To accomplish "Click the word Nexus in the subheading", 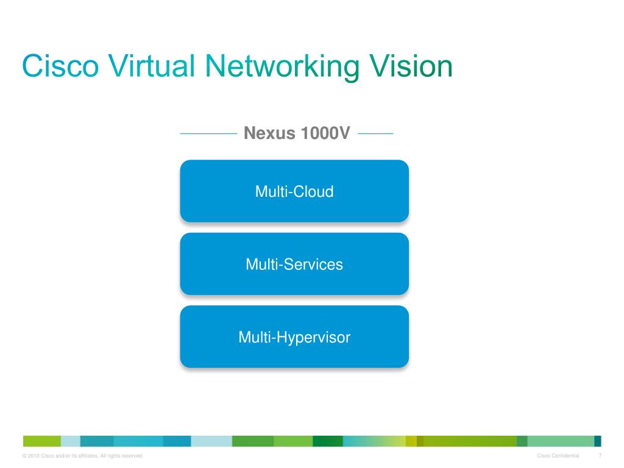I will [268, 133].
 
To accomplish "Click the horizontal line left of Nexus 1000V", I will [208, 133].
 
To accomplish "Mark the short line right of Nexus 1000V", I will [375, 133].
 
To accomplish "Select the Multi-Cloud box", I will [294, 191].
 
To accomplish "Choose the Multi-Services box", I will [294, 264].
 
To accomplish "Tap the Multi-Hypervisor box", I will [294, 336].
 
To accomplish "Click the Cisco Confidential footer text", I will [558, 456].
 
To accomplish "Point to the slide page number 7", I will [600, 456].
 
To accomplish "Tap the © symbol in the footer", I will [24, 456].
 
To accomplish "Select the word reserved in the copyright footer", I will [132, 456].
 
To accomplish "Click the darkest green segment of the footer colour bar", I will [328, 441].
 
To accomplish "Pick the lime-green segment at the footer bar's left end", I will [42, 441].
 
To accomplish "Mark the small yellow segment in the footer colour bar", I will [411, 441].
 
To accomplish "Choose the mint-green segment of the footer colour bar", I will [560, 441].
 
